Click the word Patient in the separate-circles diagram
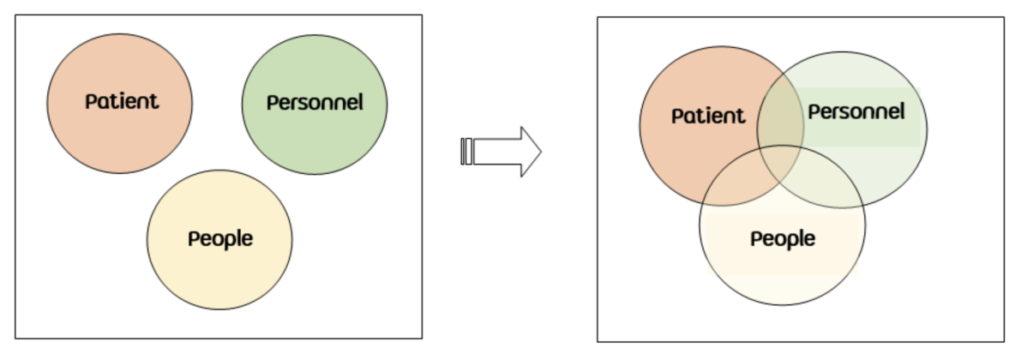(x=122, y=101)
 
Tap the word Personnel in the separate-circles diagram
(x=315, y=103)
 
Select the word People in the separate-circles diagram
(x=220, y=238)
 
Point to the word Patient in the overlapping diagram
(x=708, y=116)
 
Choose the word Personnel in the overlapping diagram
(x=856, y=111)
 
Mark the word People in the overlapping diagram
(x=783, y=239)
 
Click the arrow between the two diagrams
(x=502, y=152)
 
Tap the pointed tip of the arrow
(x=539, y=152)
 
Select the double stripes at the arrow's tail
(x=466, y=152)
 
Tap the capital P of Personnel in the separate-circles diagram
(x=272, y=103)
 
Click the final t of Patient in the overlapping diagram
(x=742, y=116)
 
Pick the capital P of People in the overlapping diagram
(x=756, y=239)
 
